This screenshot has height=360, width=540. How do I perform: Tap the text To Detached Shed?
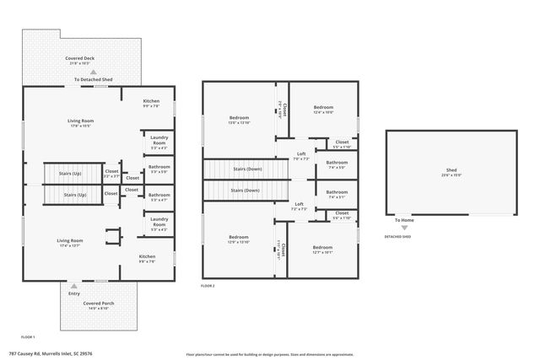94,79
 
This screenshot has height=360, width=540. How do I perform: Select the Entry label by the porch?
74,293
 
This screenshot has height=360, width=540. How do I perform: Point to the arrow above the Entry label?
74,286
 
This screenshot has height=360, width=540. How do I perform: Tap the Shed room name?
451,170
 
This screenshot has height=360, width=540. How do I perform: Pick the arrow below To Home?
403,227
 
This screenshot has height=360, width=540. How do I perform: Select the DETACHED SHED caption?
397,237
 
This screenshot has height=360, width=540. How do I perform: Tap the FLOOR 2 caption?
208,287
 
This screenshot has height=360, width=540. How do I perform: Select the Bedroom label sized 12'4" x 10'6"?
324,107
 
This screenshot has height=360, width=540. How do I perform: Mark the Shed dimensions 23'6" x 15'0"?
451,176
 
